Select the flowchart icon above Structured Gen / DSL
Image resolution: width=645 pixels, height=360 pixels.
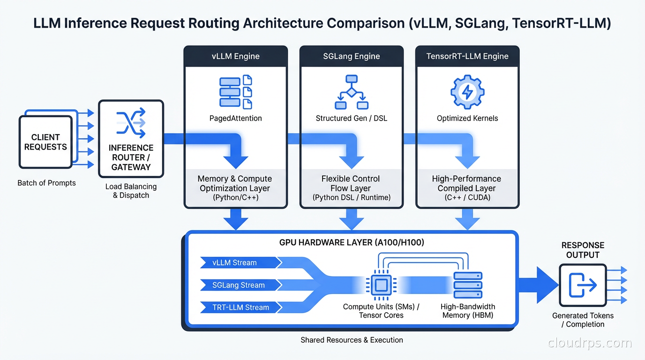(352, 92)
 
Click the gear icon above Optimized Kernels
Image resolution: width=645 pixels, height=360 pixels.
(467, 92)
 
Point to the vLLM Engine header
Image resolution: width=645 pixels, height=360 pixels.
(235, 56)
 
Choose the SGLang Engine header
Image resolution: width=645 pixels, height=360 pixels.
(352, 56)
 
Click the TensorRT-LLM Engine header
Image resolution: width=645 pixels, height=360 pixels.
(467, 56)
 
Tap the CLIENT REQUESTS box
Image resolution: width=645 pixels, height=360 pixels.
(45, 142)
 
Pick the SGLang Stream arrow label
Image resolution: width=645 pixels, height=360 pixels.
(238, 285)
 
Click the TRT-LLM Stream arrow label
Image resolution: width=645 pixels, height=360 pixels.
(240, 307)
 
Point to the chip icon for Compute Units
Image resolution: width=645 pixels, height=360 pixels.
(381, 285)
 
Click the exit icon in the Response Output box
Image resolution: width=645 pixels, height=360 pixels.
(583, 285)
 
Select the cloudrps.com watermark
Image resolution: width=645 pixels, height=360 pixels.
(590, 343)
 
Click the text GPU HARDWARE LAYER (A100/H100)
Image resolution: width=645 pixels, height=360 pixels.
(351, 243)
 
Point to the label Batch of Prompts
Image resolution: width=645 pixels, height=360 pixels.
(46, 183)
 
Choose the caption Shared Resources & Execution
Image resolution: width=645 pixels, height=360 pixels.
(352, 340)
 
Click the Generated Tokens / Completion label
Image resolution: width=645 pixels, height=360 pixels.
(583, 320)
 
